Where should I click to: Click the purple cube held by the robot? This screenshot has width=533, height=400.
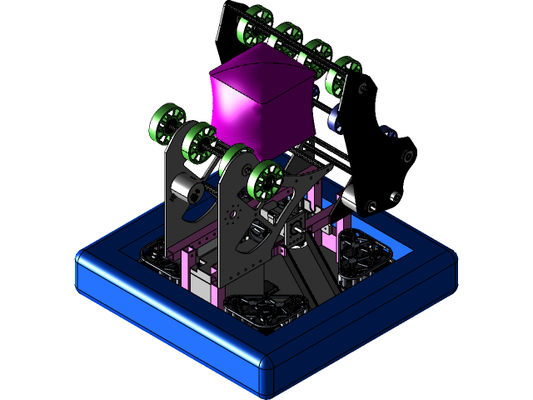pos(260,98)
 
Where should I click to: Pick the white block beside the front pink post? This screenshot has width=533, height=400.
pos(202,283)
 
